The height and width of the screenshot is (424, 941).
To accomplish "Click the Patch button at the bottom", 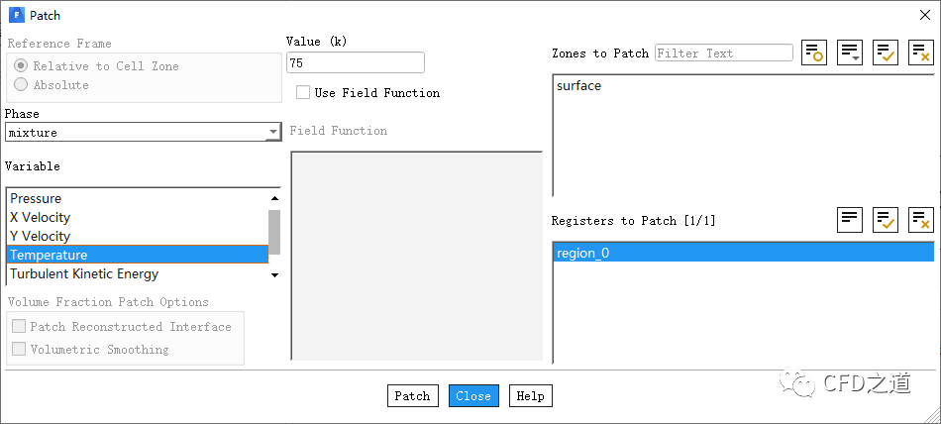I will click(412, 396).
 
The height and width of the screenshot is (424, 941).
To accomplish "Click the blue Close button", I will click(473, 396).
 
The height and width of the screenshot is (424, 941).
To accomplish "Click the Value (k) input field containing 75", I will click(355, 63).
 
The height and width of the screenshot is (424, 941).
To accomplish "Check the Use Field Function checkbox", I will click(304, 93).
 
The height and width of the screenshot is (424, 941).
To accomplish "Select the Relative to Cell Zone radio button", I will click(21, 66).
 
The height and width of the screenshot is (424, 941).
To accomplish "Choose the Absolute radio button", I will click(21, 85).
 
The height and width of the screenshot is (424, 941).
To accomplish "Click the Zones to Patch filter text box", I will click(723, 53).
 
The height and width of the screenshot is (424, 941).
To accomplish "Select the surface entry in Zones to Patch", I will click(578, 86).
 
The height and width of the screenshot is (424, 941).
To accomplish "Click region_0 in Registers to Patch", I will click(582, 253).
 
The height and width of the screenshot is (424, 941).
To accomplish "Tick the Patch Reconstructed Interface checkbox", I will click(19, 327).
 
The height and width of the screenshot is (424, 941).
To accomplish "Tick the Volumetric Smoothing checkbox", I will click(19, 350).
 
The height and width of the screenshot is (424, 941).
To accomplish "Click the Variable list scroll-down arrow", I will click(274, 275).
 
